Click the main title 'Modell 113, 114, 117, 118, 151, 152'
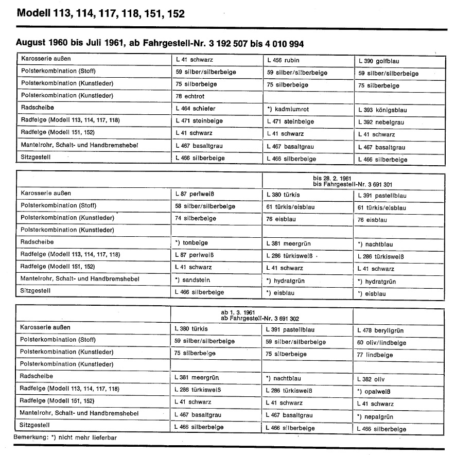(x=101, y=13)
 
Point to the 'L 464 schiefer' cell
(x=196, y=109)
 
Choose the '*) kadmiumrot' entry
(x=288, y=109)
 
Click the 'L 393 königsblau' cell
(x=381, y=110)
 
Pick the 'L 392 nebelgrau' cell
(x=381, y=122)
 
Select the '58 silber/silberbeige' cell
(x=205, y=206)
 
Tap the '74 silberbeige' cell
(x=196, y=218)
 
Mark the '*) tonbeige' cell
(x=192, y=242)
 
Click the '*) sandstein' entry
(x=193, y=280)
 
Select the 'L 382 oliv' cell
(x=371, y=379)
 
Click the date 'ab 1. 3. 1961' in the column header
(x=236, y=312)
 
